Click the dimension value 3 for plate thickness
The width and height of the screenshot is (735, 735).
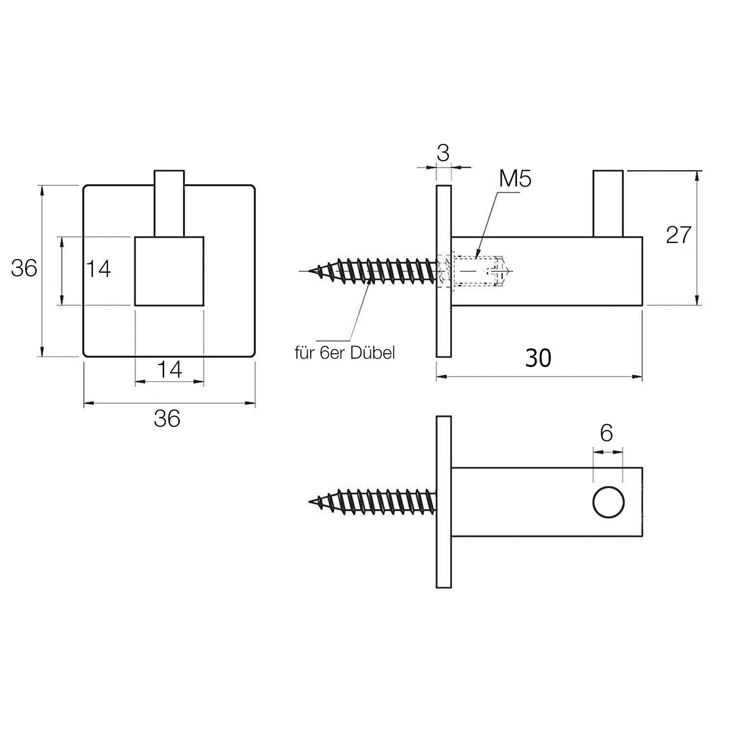coord(443,153)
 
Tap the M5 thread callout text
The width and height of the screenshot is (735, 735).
coord(515,179)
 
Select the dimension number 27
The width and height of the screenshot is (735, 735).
coord(678,236)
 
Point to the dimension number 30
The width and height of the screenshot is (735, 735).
coord(538,358)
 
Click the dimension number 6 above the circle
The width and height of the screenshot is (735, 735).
coord(606,433)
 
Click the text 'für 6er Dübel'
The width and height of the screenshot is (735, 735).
coord(344,353)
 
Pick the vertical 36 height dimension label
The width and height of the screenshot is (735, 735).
coord(24,269)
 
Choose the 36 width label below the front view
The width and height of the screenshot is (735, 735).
coord(167,418)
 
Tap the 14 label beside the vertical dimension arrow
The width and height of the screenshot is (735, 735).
coord(98,269)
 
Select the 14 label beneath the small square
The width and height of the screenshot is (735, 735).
coord(169,369)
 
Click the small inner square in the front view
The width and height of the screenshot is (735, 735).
coord(169,271)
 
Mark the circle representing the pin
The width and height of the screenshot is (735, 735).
coord(608,503)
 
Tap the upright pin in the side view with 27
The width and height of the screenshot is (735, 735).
coord(608,203)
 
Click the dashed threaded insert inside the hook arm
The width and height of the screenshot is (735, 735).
coord(478,270)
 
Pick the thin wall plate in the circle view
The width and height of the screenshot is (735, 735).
coord(443,502)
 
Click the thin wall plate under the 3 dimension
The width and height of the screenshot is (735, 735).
coord(443,271)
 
